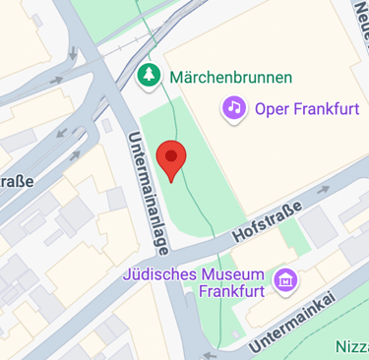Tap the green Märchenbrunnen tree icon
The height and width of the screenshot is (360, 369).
coord(149,75)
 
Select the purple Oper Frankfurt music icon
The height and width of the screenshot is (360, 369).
coord(234,106)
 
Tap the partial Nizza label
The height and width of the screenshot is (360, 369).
coord(351,345)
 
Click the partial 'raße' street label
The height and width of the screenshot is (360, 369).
coord(16,181)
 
